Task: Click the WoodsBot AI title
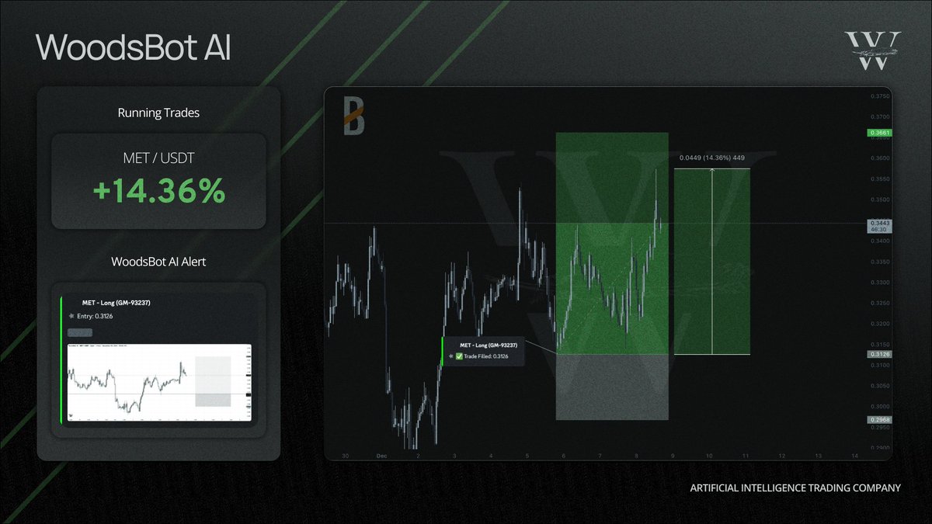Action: pos(133,47)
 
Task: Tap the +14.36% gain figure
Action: pos(158,191)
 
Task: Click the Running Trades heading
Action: pos(158,113)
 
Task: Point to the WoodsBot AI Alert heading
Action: pos(158,262)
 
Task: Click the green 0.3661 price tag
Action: pos(879,133)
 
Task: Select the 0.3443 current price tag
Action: pos(879,224)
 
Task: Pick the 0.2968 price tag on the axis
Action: pos(879,420)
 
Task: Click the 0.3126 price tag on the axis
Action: pos(879,355)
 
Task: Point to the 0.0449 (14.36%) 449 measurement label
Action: pos(711,158)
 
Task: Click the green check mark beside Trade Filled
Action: pos(459,356)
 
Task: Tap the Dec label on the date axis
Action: pos(381,456)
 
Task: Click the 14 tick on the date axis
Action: pos(854,456)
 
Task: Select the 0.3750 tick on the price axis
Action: pos(879,96)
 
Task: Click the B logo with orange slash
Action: pos(354,116)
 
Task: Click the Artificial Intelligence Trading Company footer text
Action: pos(795,488)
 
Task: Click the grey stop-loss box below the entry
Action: pos(611,387)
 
